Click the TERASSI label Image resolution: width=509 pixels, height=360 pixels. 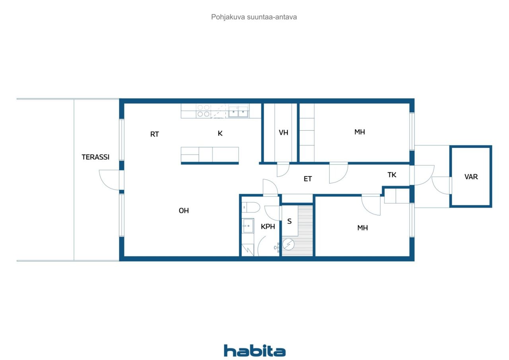tap(95, 157)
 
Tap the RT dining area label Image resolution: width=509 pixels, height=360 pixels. tap(155, 134)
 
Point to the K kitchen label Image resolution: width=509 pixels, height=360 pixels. tap(220, 133)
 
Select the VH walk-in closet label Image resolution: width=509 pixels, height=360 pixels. tap(284, 133)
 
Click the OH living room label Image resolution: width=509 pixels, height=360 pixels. tap(184, 211)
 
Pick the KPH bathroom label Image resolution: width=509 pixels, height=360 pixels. tap(268, 226)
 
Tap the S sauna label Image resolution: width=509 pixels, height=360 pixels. tap(289, 221)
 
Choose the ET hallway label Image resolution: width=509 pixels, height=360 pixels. tap(308, 179)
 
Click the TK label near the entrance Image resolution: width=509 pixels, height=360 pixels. tap(392, 175)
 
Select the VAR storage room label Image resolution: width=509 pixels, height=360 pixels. tap(471, 176)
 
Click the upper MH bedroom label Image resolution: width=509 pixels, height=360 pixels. tap(359, 132)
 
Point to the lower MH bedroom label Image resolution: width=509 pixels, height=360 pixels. tap(362, 228)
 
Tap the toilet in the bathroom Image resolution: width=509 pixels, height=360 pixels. tap(251, 207)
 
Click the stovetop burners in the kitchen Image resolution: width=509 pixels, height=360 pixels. tap(203, 111)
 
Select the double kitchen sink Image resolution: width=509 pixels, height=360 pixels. tap(238, 111)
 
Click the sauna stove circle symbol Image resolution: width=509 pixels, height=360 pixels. tap(288, 244)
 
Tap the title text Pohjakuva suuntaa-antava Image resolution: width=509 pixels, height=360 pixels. tap(254, 17)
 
